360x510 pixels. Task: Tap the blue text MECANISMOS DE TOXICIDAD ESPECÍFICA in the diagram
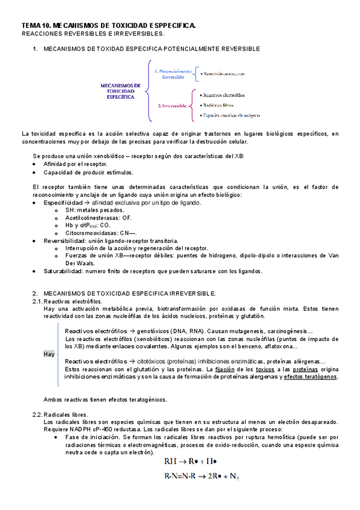click(121, 91)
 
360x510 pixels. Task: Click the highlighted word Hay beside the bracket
click(49, 354)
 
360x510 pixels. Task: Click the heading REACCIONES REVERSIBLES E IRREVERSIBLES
click(93, 33)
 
